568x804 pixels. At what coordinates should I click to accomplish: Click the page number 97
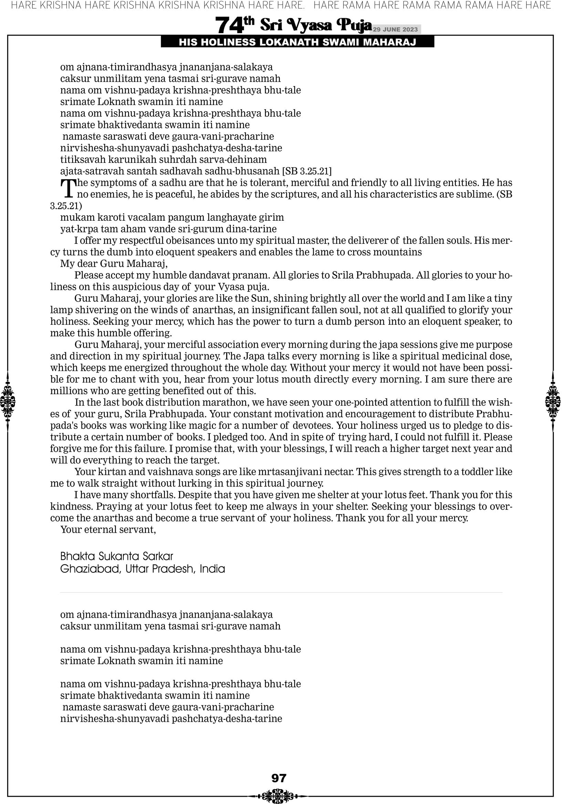[279, 778]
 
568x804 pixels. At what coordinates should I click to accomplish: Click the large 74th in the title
[234, 25]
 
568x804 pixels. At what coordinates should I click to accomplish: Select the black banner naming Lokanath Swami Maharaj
[297, 42]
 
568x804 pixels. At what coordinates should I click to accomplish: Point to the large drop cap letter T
[68, 188]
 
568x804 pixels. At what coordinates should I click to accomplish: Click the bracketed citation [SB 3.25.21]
[307, 171]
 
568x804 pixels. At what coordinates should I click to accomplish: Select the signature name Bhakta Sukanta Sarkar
[117, 556]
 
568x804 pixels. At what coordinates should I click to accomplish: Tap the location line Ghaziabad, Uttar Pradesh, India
[142, 569]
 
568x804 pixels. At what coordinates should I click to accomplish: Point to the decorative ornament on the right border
[553, 401]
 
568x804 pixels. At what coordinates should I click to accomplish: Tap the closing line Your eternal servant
[108, 529]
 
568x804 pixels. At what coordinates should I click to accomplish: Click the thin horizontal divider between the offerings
[281, 593]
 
